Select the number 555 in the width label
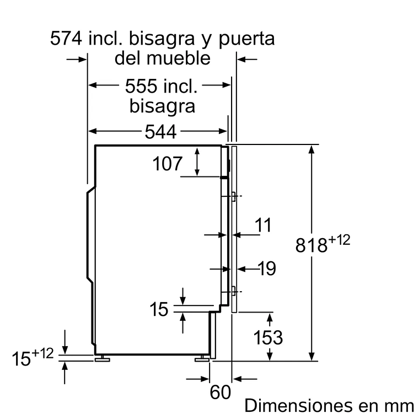pyautogui.click(x=141, y=86)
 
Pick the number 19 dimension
pyautogui.click(x=266, y=268)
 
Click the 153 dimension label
pyautogui.click(x=268, y=337)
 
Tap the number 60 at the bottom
pyautogui.click(x=220, y=393)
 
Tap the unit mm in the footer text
pyautogui.click(x=400, y=406)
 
